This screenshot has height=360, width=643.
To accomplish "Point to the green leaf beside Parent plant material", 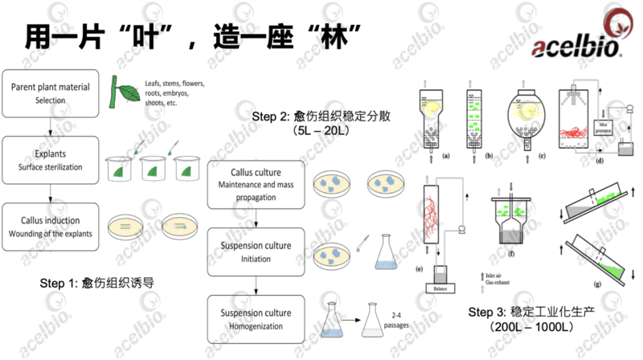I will pos(124,92).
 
